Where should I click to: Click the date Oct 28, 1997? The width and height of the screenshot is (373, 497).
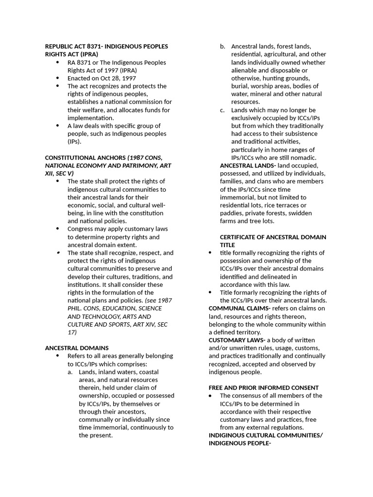117,78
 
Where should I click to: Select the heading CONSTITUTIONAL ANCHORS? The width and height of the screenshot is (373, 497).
85,158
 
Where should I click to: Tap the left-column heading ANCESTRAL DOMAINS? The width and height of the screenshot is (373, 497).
77,348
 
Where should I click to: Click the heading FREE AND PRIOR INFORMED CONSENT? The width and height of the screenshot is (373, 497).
264,388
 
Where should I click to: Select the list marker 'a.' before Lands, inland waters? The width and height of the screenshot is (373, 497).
70,372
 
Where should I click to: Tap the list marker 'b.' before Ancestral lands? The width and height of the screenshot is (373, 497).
222,47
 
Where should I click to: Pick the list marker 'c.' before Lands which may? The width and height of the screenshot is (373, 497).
222,110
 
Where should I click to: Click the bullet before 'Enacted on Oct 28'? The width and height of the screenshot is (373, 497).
58,78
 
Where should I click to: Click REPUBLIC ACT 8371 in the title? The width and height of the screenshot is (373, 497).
72,47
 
